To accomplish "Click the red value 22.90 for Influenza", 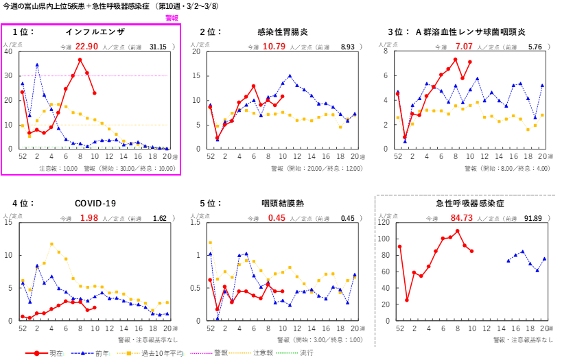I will pos(87,47).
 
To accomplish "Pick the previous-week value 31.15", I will pos(158,47).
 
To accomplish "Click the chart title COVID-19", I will pos(95,204).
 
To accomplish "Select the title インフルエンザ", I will pos(95,32).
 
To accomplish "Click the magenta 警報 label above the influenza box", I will pos(172,19).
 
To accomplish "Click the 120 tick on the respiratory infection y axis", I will pos(386,223).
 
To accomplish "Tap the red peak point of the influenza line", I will pos(80,60).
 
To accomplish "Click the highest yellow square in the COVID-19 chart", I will pos(51,244).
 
